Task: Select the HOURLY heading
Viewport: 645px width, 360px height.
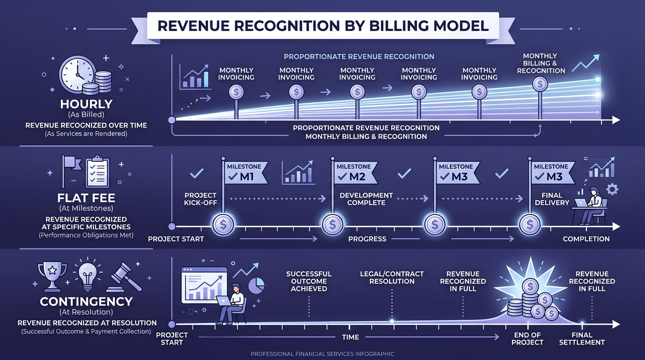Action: coord(86,104)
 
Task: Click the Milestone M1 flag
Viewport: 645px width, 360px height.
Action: coord(244,172)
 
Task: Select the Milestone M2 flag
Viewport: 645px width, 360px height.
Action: coord(354,172)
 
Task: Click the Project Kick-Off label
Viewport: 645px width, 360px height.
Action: coord(201,199)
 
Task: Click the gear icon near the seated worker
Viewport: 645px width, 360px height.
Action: coord(612,189)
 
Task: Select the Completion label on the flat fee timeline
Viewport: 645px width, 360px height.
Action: coord(586,239)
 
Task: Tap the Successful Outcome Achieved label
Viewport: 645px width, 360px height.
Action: coord(309,281)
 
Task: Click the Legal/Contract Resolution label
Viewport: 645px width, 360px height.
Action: coord(392,277)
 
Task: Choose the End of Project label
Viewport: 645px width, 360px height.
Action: coord(527,338)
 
